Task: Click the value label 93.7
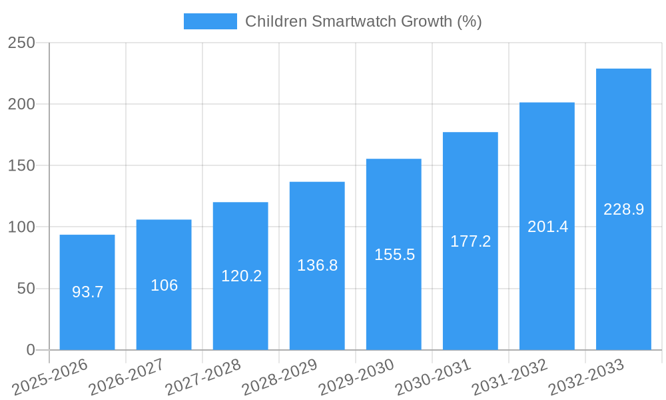pos(87,292)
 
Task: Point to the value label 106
pos(164,285)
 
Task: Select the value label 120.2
pos(241,276)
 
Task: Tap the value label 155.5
pos(394,255)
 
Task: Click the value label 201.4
pos(547,227)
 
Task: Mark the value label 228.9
pos(623,209)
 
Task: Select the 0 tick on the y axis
pos(30,350)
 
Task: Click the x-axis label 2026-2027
pos(127,377)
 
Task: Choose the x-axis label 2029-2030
pos(357,377)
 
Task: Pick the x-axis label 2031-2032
pos(510,377)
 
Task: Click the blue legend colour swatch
pos(210,21)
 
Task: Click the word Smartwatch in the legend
pos(346,21)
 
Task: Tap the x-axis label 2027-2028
pos(203,377)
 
